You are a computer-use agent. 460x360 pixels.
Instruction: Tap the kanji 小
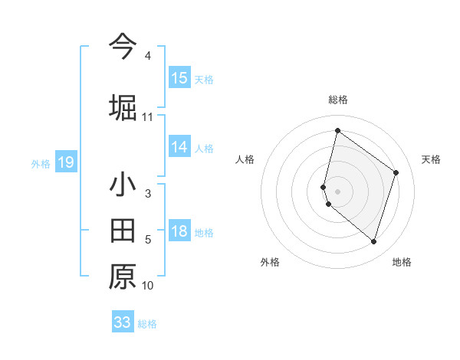click(x=123, y=185)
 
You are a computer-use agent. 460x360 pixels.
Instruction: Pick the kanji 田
click(x=123, y=230)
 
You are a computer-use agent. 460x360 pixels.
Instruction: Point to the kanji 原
click(x=123, y=276)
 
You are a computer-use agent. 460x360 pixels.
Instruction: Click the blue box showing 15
click(x=179, y=78)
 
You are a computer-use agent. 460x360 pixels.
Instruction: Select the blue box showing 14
click(x=179, y=147)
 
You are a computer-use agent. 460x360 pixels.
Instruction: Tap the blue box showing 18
click(x=179, y=232)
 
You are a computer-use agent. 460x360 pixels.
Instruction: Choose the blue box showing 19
click(x=65, y=162)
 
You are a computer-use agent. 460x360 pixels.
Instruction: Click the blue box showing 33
click(x=123, y=322)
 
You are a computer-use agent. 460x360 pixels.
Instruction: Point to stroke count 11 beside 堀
click(x=148, y=117)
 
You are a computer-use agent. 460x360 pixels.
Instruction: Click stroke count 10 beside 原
click(x=148, y=286)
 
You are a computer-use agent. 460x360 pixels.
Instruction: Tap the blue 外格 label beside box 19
click(x=41, y=163)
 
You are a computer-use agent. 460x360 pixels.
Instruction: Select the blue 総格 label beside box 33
click(x=147, y=324)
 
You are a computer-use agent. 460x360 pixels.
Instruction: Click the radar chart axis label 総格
click(x=338, y=100)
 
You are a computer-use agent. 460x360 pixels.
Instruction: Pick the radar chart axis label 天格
click(x=432, y=159)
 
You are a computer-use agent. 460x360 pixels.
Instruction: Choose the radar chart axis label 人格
click(x=245, y=159)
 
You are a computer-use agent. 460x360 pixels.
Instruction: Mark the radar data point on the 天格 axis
click(x=396, y=172)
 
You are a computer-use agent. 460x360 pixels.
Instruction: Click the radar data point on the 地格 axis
click(x=374, y=242)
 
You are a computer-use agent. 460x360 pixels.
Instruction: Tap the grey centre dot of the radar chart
click(x=338, y=191)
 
